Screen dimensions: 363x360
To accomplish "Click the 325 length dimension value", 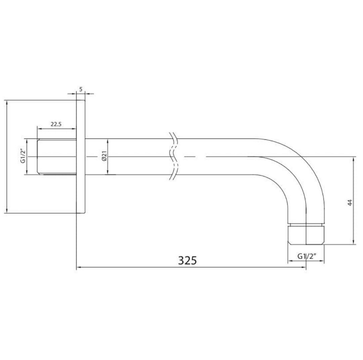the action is [187, 260].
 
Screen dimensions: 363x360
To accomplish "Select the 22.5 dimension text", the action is [56, 124].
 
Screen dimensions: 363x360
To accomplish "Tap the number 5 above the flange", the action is [81, 89].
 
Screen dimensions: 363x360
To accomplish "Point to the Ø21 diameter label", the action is [104, 156].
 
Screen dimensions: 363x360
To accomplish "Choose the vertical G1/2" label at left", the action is [23, 156].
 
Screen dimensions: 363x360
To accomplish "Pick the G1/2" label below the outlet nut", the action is [307, 256].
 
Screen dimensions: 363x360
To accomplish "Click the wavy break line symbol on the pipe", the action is [174, 156].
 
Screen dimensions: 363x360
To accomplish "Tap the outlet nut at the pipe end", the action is [306, 234].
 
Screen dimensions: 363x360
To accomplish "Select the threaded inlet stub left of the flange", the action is [57, 157].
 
